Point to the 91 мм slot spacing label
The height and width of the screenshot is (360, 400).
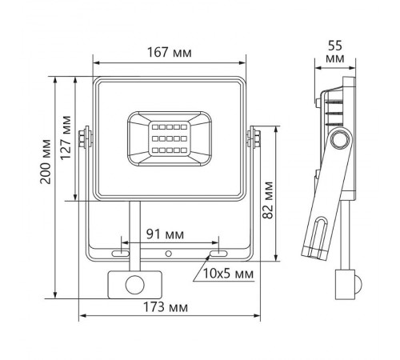tap(169, 235)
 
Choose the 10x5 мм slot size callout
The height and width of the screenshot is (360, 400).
tap(228, 274)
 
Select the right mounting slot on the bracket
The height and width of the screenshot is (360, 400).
tap(215, 254)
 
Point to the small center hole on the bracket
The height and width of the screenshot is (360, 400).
tap(168, 254)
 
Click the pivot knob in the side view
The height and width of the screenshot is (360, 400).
tap(340, 139)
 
